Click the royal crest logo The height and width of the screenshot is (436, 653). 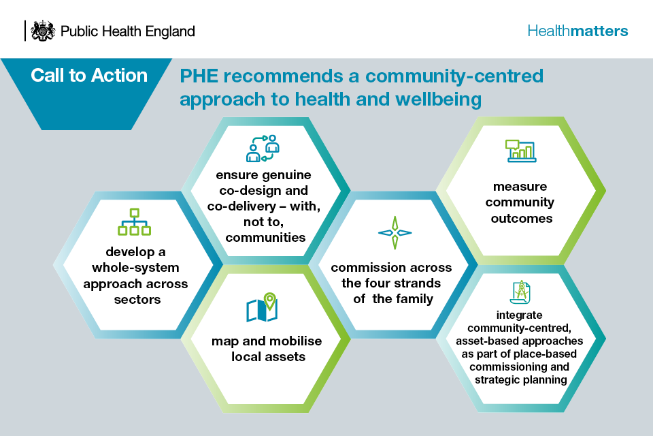coord(43,31)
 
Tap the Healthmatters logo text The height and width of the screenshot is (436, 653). coord(577,31)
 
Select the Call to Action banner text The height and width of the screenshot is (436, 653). coord(89,76)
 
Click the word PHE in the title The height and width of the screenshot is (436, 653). coord(199,76)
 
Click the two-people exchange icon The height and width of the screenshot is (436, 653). coord(263,148)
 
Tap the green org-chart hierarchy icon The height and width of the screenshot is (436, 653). coord(134,222)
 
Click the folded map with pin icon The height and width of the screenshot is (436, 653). coord(262,307)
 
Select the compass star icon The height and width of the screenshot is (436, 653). coord(395,233)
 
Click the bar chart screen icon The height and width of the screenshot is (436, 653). coord(520,151)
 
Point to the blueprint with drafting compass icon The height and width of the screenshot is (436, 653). coord(520,292)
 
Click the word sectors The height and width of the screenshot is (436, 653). coord(137,300)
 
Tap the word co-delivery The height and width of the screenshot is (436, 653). coord(241,206)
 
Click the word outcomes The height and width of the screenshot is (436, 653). coord(522,219)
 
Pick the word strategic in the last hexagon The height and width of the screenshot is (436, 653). coord(497,380)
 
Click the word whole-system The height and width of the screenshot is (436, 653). coord(136,268)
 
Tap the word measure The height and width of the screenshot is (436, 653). coord(520,187)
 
